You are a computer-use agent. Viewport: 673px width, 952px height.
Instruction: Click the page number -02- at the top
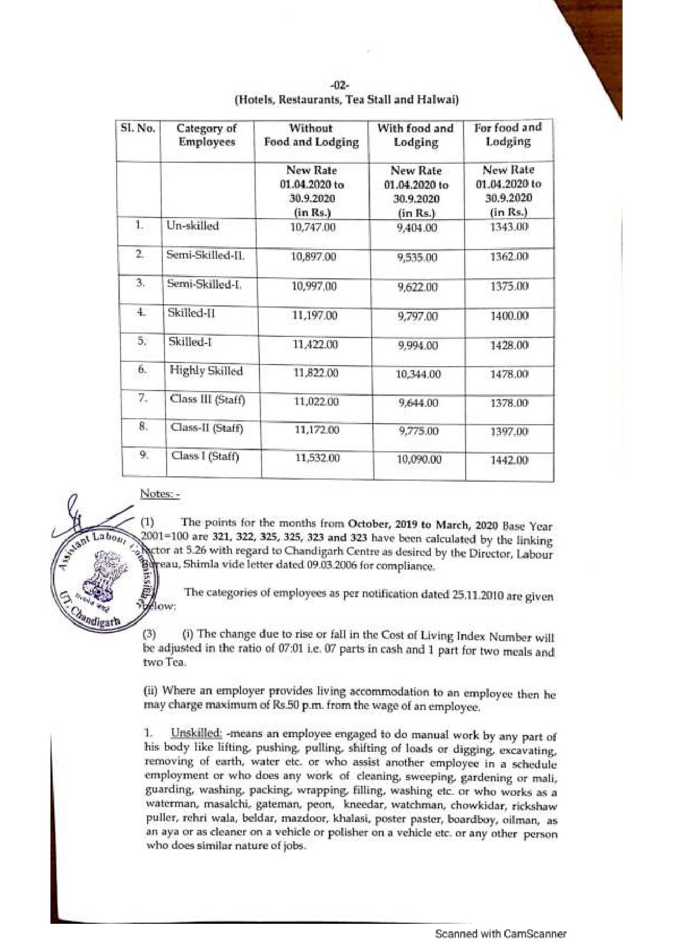coord(341,86)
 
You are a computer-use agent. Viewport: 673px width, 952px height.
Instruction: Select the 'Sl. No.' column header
coord(138,129)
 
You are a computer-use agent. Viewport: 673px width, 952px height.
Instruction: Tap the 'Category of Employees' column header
coord(207,135)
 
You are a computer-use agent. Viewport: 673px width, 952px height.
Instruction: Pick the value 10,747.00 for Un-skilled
coord(313,227)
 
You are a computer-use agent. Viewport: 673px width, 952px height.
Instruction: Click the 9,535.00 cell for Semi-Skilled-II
coord(417,258)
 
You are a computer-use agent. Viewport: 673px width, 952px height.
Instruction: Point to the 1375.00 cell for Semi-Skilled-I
coord(509,286)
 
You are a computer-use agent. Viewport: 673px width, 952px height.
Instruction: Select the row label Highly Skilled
coord(206,371)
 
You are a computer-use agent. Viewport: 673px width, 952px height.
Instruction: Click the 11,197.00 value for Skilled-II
coord(315,316)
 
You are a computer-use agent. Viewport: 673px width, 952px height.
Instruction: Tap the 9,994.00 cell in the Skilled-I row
coord(418,346)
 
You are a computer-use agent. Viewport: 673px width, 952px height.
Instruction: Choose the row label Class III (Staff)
coord(207,400)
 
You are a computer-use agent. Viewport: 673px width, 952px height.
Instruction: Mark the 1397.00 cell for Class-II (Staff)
coord(509,432)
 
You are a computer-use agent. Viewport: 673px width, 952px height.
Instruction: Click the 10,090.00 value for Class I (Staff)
coord(419,459)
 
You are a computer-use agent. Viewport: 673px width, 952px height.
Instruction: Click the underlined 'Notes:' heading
coord(159,494)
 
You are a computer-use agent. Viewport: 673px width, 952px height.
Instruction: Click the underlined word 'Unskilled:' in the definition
coord(196,733)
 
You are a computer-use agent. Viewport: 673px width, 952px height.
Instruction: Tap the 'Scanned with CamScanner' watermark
coord(500,934)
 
